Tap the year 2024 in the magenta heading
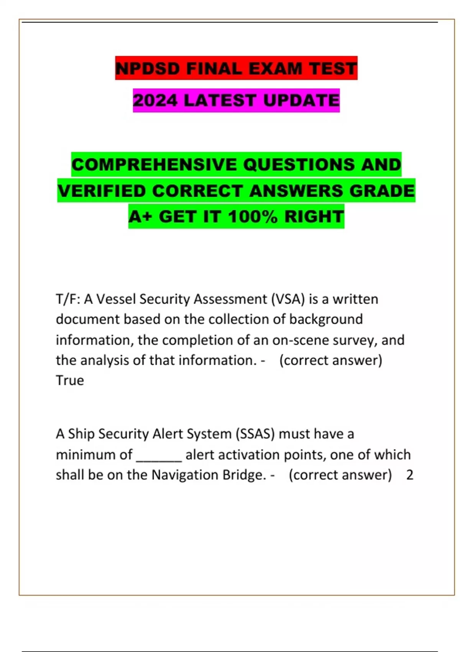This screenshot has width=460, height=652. (155, 100)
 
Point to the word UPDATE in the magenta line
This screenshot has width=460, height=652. (301, 100)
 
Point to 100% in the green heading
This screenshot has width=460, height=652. (253, 216)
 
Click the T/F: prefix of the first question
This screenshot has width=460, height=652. (68, 299)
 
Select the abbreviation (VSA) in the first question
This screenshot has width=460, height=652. (288, 299)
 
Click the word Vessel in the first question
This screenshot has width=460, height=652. (116, 299)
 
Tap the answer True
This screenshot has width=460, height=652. (70, 380)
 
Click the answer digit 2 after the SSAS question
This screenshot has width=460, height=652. (410, 475)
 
